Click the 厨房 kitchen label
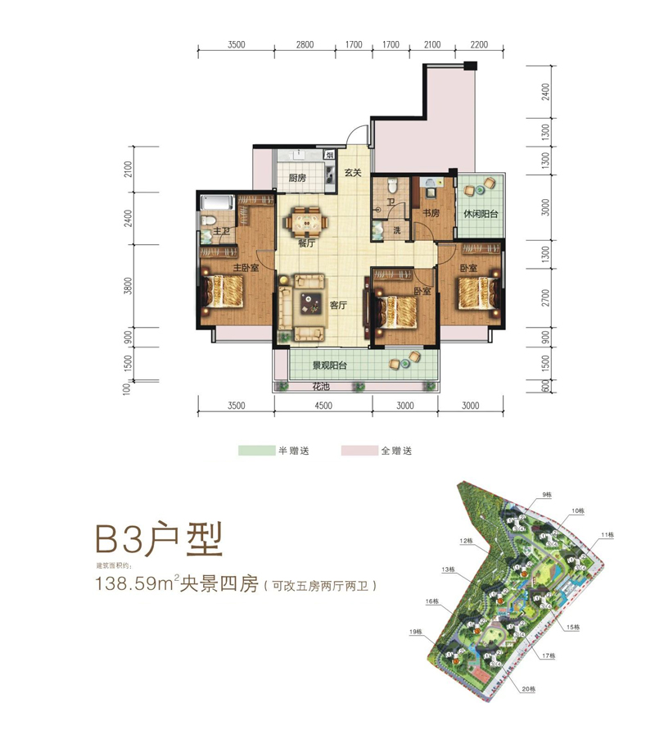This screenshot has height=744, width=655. (297, 179)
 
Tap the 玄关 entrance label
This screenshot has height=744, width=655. (353, 173)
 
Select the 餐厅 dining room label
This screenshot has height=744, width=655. (307, 243)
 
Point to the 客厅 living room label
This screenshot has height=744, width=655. (340, 305)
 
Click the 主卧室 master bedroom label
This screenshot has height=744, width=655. (246, 268)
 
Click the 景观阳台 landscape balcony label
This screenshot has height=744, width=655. (329, 365)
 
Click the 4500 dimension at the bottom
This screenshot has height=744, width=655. (322, 405)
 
